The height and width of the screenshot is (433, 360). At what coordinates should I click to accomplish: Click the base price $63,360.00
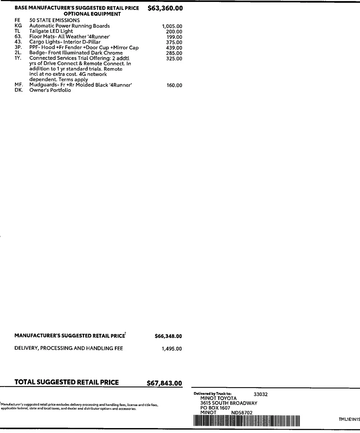click(165, 8)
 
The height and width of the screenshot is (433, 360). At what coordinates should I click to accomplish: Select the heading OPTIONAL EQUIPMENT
click(92, 14)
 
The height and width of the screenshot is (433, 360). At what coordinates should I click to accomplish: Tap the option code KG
click(18, 26)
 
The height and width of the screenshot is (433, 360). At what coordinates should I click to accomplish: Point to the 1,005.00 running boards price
click(172, 26)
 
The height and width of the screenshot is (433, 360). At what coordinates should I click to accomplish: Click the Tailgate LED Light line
click(51, 31)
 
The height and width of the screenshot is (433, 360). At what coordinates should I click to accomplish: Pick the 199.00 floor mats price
click(174, 37)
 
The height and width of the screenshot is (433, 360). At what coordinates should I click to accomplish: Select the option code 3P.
click(18, 47)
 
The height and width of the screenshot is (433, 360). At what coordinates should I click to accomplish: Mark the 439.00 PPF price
click(174, 48)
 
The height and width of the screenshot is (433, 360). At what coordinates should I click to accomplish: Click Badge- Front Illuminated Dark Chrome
click(76, 53)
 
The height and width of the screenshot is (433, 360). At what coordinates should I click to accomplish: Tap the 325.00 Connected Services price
click(174, 59)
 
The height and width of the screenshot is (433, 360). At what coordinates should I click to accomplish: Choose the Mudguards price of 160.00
click(174, 85)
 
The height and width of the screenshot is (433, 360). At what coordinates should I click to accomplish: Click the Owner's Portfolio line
click(50, 90)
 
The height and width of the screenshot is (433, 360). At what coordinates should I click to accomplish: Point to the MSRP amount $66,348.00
click(168, 336)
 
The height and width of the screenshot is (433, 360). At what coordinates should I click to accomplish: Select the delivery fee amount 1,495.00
click(172, 349)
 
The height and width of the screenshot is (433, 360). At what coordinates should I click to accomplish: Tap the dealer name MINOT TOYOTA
click(218, 398)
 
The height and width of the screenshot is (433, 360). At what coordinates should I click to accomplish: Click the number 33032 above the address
click(260, 394)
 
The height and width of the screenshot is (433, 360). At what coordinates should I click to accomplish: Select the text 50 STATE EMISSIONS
click(55, 20)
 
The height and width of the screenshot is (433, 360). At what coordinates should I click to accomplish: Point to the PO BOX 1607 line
click(215, 408)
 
